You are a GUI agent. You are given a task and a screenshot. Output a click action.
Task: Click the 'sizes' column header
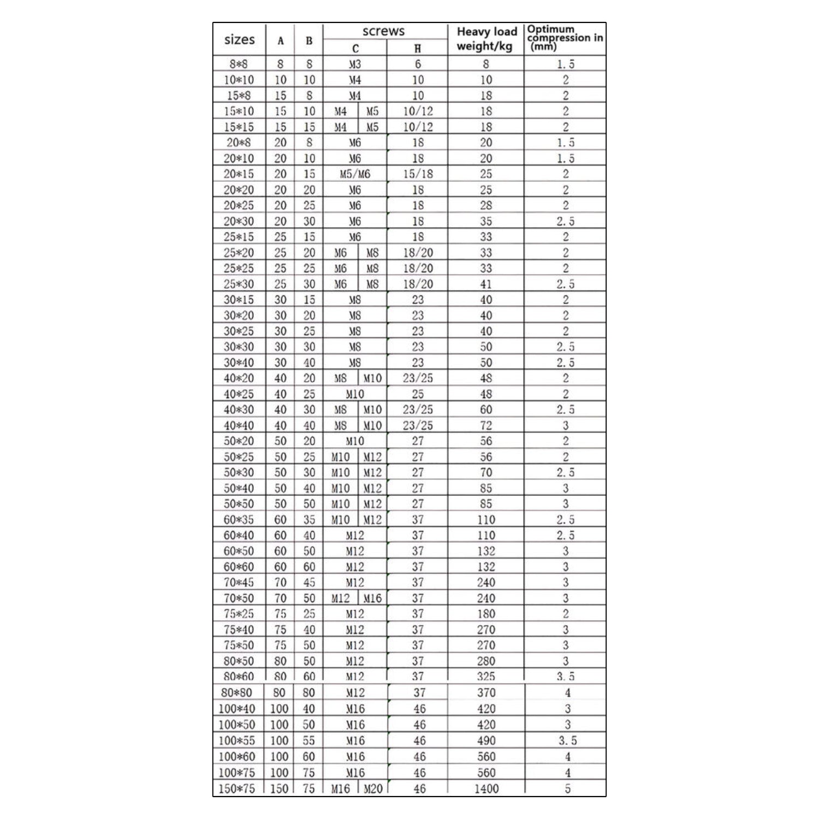pos(239,39)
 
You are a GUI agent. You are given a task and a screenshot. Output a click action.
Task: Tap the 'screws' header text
pos(383,31)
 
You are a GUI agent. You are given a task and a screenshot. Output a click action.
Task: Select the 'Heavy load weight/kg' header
pos(486,39)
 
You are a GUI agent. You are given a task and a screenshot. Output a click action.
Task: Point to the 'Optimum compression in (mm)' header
pos(565,38)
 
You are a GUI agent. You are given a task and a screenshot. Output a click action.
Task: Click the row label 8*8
pos(239,64)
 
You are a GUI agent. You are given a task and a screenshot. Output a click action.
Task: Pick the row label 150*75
pos(237,788)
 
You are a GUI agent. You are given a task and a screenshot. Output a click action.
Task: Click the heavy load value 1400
pos(486,788)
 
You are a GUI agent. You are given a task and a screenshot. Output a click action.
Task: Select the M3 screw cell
pos(355,64)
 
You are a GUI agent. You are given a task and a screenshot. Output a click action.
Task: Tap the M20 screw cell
pos(372,788)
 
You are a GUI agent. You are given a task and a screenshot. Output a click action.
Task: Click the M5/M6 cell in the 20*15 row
pos(355,174)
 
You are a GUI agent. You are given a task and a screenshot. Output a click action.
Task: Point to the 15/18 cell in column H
pos(418,174)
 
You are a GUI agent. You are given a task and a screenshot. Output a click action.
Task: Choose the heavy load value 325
pos(486,676)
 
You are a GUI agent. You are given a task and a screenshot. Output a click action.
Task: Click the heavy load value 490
pos(486,741)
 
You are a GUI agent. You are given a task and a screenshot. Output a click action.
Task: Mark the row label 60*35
pos(239,520)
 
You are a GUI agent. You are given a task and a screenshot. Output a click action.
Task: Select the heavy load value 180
pos(486,614)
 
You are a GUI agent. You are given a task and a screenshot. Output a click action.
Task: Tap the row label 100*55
pos(237,741)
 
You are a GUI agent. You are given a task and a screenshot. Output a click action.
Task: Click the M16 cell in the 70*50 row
pos(372,598)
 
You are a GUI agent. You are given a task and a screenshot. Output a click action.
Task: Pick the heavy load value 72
pos(486,425)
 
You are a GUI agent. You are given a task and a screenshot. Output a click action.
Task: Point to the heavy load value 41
pos(486,284)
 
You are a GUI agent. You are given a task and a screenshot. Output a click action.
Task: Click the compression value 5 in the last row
pos(567,788)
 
